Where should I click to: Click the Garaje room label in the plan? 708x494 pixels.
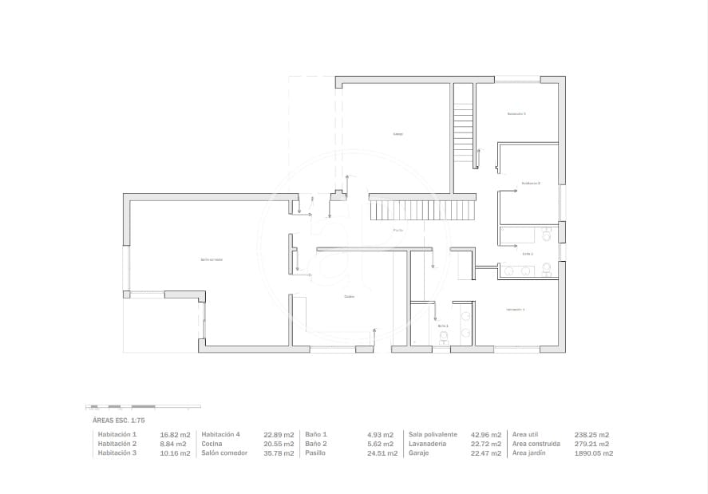pyautogui.click(x=398, y=134)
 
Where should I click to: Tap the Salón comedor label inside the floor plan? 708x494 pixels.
pyautogui.click(x=212, y=259)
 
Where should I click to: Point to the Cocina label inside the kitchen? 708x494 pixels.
pyautogui.click(x=349, y=297)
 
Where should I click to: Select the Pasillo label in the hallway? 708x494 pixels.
pyautogui.click(x=398, y=231)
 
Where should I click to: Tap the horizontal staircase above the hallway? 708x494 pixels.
pyautogui.click(x=421, y=211)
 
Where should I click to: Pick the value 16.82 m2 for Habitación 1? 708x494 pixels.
pyautogui.click(x=175, y=434)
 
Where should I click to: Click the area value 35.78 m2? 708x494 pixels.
pyautogui.click(x=279, y=453)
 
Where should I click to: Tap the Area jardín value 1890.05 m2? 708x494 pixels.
pyautogui.click(x=594, y=453)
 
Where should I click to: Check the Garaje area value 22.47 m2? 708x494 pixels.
pyautogui.click(x=486, y=453)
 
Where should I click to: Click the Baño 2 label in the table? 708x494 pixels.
pyautogui.click(x=316, y=444)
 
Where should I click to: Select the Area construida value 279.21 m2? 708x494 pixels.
pyautogui.click(x=591, y=444)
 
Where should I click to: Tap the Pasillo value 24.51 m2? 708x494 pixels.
pyautogui.click(x=380, y=453)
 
